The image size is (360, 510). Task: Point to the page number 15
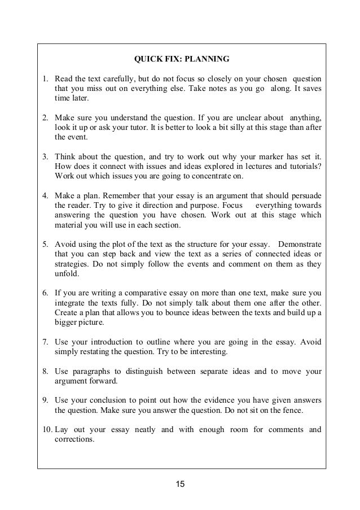click(x=180, y=484)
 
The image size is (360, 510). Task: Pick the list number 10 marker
click(x=47, y=429)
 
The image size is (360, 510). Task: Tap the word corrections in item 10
click(x=75, y=439)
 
